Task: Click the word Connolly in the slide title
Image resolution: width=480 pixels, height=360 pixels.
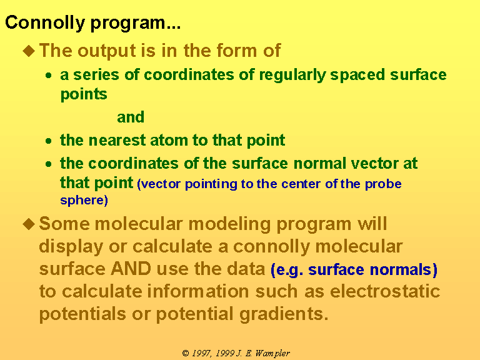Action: pos(45,23)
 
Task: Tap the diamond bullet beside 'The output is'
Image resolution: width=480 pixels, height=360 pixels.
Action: pos(29,51)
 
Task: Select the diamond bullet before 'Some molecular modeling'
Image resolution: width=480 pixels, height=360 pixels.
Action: pos(29,224)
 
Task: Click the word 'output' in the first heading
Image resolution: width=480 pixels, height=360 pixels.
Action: pos(106,51)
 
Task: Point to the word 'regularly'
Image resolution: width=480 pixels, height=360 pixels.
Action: pos(292,75)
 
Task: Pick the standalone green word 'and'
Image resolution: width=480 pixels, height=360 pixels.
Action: pos(131,117)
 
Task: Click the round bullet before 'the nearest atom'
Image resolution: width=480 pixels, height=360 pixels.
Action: pos(48,141)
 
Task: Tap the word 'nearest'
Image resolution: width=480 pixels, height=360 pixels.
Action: pos(117,141)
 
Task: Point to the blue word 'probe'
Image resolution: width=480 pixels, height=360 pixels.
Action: pos(383,184)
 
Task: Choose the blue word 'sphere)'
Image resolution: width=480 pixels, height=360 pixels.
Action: pos(84,201)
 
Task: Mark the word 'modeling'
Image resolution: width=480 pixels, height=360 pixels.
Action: pos(229,224)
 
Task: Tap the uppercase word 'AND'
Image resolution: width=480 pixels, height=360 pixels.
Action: pos(131,269)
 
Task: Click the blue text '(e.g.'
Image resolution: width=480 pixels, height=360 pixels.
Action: pos(287,270)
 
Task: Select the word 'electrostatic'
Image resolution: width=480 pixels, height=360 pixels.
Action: pos(385,291)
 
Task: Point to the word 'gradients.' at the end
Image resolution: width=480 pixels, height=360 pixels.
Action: pos(284,315)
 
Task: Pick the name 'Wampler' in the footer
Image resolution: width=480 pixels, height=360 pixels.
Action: pos(272,354)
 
